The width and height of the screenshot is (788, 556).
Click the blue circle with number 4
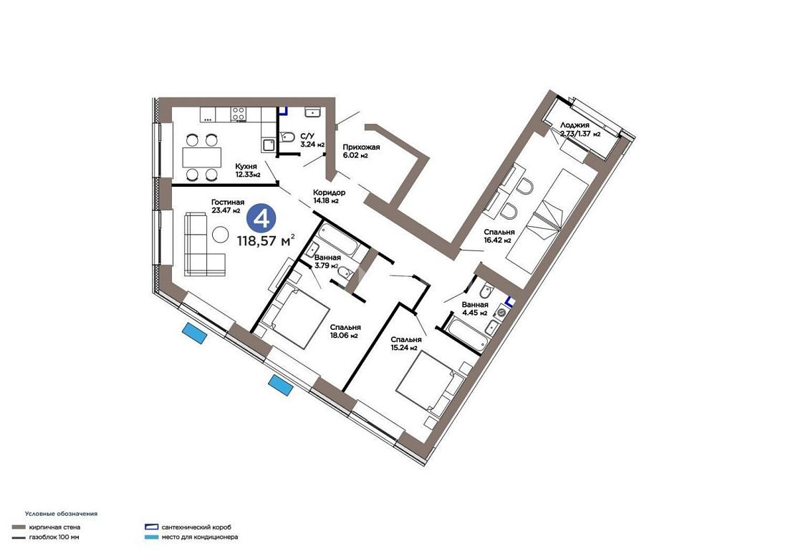click(261, 219)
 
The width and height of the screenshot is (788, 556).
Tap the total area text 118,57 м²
click(266, 240)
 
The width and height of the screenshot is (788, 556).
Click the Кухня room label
click(246, 166)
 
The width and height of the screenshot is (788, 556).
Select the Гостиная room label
click(228, 202)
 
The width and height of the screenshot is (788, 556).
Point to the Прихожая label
click(361, 147)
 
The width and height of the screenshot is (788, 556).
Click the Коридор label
click(329, 192)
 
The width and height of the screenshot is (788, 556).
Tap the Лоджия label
click(575, 125)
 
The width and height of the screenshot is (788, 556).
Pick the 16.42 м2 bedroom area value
click(498, 240)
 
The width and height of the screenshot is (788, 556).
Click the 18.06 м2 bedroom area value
click(344, 336)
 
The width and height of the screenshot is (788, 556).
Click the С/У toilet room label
click(307, 135)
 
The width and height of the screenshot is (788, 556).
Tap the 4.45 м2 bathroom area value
click(474, 313)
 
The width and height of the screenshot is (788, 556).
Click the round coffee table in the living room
click(220, 233)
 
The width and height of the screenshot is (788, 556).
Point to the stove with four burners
click(239, 114)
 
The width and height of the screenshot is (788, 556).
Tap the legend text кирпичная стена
click(54, 527)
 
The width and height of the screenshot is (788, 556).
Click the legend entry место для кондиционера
click(200, 537)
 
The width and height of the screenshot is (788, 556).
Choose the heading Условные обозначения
click(62, 514)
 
